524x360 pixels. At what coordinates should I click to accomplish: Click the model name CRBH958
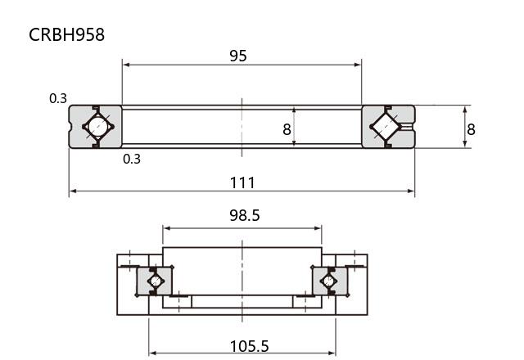66,34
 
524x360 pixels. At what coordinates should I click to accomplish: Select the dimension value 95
238,56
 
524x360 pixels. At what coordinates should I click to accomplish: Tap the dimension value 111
242,182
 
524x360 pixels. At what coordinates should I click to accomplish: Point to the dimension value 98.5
244,215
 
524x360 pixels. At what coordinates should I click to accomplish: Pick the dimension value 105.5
249,346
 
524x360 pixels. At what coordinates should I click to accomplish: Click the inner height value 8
287,129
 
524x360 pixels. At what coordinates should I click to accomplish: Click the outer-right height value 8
471,129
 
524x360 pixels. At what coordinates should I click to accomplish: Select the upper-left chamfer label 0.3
58,98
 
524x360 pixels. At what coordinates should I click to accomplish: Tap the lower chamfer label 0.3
132,159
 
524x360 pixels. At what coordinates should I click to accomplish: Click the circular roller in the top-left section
98,127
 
